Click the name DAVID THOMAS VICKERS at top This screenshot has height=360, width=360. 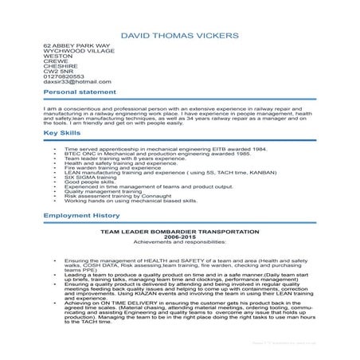[179, 37]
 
